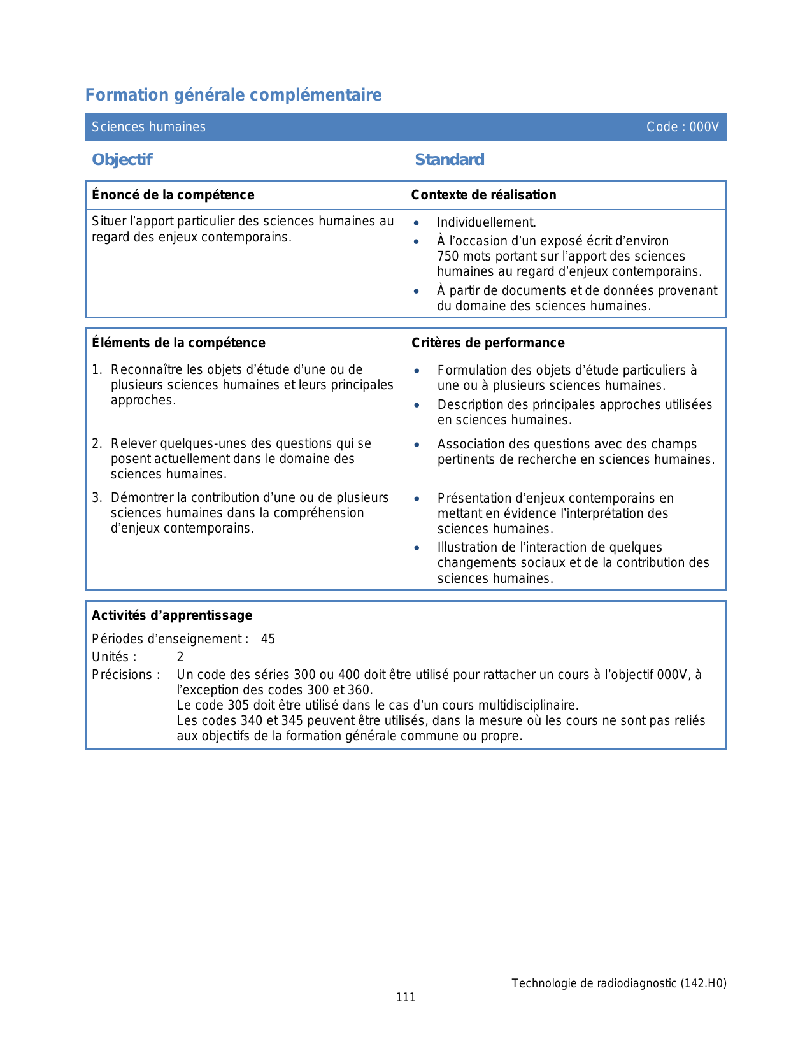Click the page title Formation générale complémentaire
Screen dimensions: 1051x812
tap(233, 95)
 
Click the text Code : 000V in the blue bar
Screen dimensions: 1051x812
tap(682, 127)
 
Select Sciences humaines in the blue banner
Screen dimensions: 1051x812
tap(148, 127)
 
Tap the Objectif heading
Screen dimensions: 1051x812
tap(122, 159)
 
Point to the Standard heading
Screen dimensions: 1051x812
tap(449, 159)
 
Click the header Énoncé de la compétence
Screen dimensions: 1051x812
tap(173, 195)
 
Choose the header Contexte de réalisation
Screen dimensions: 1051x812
tap(483, 195)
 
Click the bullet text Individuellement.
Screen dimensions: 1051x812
tap(486, 222)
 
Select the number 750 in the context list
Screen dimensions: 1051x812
tap(448, 256)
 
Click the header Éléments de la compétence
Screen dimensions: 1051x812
tap(178, 343)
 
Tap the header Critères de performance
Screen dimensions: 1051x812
tap(488, 343)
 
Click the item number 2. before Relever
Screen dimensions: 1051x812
tap(97, 443)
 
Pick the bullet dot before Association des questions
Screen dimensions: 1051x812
tap(417, 445)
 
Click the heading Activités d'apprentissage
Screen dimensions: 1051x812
tap(172, 615)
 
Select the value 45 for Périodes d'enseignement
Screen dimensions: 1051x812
tap(268, 639)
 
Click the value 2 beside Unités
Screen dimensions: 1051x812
tap(180, 657)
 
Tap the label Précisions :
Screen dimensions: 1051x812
tap(125, 675)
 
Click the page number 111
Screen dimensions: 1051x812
tap(406, 997)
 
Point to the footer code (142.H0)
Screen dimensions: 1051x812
tap(703, 983)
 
